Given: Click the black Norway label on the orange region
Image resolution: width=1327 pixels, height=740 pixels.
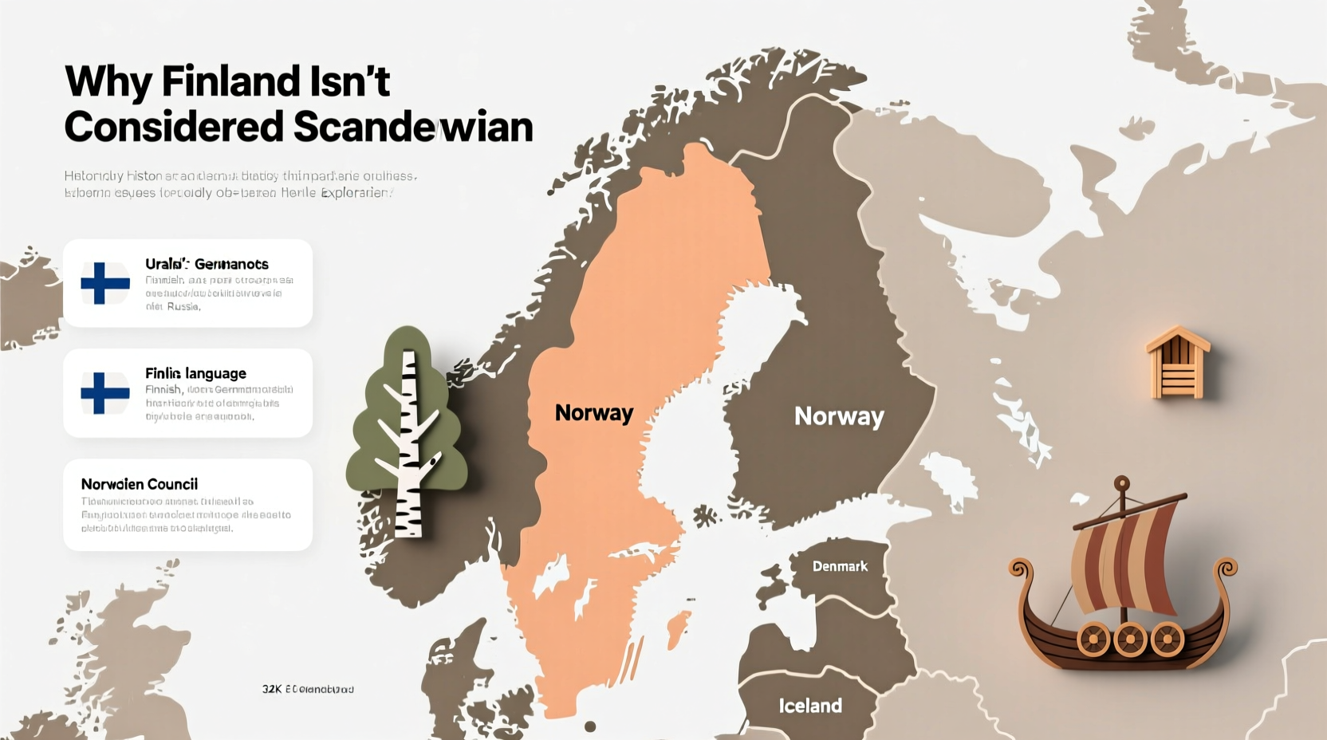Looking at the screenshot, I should tap(594, 413).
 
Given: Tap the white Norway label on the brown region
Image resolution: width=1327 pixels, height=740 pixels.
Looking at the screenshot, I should tap(839, 416).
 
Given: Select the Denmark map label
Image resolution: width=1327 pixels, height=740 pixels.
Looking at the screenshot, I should tap(840, 566).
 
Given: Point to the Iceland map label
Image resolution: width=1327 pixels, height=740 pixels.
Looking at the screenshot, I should tap(810, 706).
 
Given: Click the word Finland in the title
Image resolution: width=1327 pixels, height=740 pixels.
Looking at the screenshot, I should tap(230, 81).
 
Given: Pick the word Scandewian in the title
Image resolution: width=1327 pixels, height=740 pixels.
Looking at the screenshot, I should tap(413, 127).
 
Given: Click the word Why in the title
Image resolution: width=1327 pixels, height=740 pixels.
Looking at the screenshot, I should tap(108, 81).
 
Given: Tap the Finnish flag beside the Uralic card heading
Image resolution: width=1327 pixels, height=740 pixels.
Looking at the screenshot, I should tap(105, 283).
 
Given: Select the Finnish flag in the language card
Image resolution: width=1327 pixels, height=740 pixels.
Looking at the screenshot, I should tap(105, 393).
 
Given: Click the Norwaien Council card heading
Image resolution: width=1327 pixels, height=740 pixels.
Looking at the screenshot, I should tap(140, 484).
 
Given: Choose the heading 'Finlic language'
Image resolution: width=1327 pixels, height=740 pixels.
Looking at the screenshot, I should tap(195, 373).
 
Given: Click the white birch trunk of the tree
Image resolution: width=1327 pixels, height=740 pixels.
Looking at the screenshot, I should tap(409, 447).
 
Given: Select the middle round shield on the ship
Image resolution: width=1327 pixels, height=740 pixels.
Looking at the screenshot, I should tap(1130, 639).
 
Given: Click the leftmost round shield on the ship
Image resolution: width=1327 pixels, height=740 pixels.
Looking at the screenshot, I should tap(1093, 639).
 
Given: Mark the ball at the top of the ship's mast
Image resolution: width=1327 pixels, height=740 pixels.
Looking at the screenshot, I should tap(1122, 483).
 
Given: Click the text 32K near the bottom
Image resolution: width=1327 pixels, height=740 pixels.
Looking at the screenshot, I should tap(272, 689).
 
